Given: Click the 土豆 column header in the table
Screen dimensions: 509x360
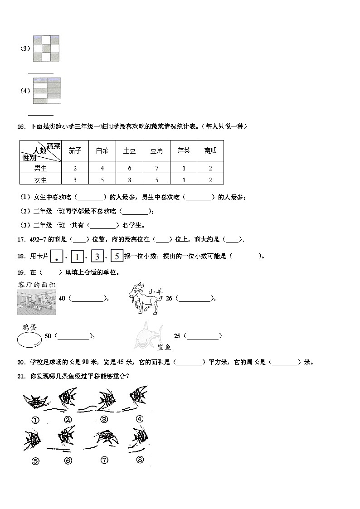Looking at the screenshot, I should [129, 151].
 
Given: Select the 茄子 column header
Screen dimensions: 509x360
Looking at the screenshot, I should [75, 151].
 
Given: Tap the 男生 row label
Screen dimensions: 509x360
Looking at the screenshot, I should [40, 168].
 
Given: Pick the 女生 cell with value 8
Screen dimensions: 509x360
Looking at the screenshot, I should [129, 179].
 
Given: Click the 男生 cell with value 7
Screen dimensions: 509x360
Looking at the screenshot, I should [156, 168].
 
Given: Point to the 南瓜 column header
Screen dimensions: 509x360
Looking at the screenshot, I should [210, 151].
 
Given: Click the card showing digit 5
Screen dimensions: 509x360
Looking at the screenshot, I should [117, 257].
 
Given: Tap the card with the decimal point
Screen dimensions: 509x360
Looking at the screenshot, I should [57, 257].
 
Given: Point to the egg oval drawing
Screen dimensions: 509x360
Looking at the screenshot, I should [29, 339].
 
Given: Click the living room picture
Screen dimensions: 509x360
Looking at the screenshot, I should [36, 302].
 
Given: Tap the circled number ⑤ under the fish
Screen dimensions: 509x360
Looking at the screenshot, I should [35, 461].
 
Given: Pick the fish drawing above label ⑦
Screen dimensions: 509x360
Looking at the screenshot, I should [105, 439].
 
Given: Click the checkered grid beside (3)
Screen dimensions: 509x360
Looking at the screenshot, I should [46, 48].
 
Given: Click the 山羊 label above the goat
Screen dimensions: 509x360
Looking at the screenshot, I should [156, 292].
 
